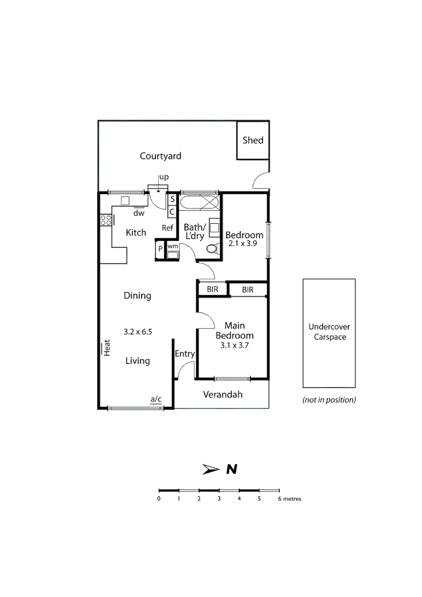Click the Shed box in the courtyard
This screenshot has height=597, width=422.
(x=253, y=140)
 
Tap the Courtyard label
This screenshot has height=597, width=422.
(x=160, y=156)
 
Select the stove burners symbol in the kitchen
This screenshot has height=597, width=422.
(x=106, y=220)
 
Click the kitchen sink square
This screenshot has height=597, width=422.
(x=125, y=201)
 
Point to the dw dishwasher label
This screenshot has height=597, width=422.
(x=138, y=213)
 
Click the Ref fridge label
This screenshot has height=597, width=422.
(x=168, y=228)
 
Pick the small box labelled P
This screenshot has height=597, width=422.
(x=160, y=249)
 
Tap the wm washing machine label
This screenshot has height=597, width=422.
(x=173, y=246)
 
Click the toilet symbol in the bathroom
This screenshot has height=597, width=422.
(x=211, y=249)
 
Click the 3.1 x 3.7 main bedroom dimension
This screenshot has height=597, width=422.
(x=235, y=345)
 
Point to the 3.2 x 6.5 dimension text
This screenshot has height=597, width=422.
(x=138, y=332)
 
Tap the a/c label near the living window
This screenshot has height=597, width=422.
(x=155, y=399)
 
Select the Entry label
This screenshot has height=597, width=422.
(x=184, y=354)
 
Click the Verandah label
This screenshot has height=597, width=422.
(x=222, y=395)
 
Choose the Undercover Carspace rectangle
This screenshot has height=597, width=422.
(x=329, y=332)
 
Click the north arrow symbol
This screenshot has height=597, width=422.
(x=211, y=469)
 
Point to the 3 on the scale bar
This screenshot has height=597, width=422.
(x=219, y=499)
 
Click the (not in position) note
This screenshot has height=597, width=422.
(x=329, y=400)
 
